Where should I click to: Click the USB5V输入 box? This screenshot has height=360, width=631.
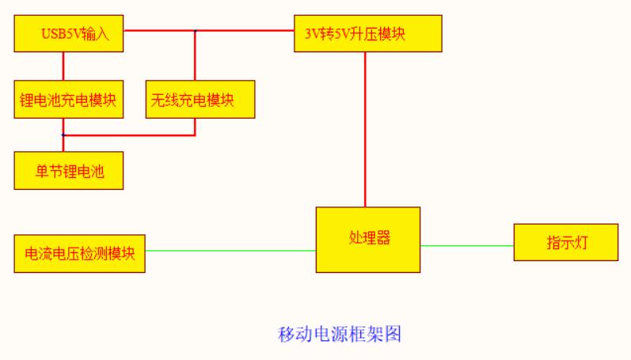pyautogui.click(x=69, y=33)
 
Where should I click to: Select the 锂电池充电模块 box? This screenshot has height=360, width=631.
pyautogui.click(x=69, y=100)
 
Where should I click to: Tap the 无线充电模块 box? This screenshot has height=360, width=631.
pyautogui.click(x=200, y=100)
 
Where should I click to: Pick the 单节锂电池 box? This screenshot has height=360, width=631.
pyautogui.click(x=69, y=171)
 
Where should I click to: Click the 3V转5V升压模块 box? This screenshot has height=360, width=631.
pyautogui.click(x=367, y=33)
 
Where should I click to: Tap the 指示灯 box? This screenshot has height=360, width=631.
pyautogui.click(x=565, y=243)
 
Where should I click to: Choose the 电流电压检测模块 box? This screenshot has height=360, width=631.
pyautogui.click(x=79, y=254)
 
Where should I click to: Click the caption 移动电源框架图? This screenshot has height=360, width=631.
pyautogui.click(x=340, y=334)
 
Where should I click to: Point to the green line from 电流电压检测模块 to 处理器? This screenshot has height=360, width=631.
pyautogui.click(x=230, y=251)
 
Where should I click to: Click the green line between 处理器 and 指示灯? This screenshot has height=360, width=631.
pyautogui.click(x=467, y=245)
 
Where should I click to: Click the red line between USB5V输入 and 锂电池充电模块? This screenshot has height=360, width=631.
pyautogui.click(x=63, y=66)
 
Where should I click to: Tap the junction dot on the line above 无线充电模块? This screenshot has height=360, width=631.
pyautogui.click(x=195, y=31)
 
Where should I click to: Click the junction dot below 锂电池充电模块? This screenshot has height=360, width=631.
pyautogui.click(x=63, y=135)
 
